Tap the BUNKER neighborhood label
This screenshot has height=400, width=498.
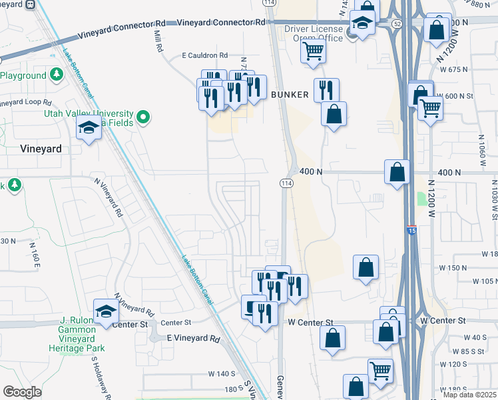(x=290, y=95)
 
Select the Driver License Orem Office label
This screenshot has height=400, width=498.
(x=314, y=34)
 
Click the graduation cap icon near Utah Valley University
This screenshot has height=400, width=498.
(x=89, y=127)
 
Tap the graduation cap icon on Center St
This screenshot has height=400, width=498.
(x=107, y=311)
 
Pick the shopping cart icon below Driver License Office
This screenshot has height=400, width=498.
(x=313, y=51)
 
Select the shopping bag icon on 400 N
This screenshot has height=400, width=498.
(x=397, y=172)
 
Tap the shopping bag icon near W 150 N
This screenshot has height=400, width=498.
(x=366, y=268)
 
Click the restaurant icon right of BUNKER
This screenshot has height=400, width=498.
(x=326, y=90)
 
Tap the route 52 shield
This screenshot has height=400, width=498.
(x=397, y=23)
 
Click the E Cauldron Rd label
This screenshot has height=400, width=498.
(x=205, y=55)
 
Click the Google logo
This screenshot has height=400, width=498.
(x=23, y=391)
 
